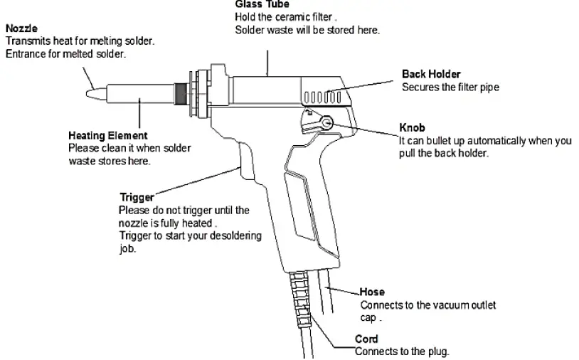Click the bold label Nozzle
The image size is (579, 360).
pos(21,29)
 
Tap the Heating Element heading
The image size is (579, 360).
pos(107,135)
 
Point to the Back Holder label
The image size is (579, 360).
pos(431,74)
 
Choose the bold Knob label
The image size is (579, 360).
pos(412,129)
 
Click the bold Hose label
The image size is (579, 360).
pos(372,292)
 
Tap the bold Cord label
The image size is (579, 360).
pos(366,339)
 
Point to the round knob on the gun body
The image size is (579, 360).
pos(324,123)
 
